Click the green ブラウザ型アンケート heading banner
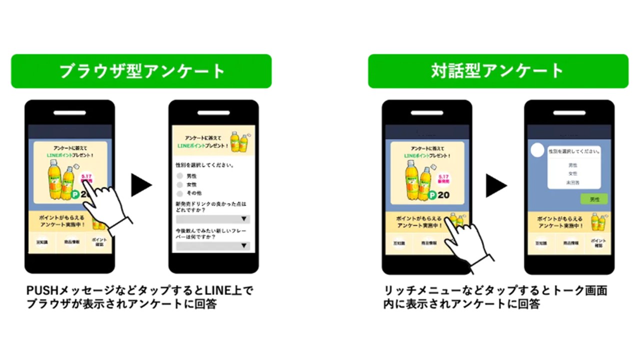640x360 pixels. click(141, 71)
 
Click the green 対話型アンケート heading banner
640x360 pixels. click(498, 71)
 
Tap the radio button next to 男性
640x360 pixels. click(180, 176)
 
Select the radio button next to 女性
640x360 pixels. click(180, 184)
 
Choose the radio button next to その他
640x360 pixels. click(180, 193)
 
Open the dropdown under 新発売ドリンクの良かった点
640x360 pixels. click(213, 219)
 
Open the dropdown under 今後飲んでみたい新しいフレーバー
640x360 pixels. click(213, 245)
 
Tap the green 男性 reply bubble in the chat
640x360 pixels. click(594, 199)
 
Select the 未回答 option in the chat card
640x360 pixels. click(573, 182)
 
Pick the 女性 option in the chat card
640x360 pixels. click(573, 173)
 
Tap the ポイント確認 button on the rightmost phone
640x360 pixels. click(598, 243)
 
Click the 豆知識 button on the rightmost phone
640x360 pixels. click(540, 243)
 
